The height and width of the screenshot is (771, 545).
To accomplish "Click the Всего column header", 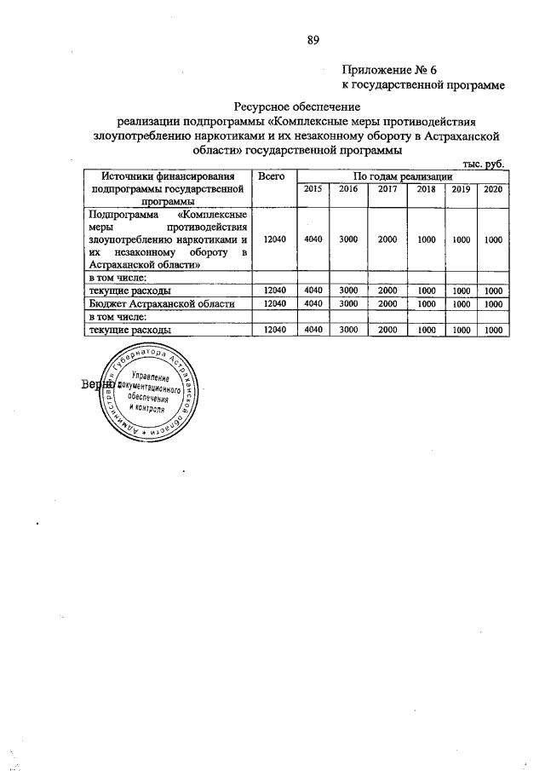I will (x=271, y=175).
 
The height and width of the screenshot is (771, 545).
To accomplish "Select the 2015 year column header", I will (x=313, y=189).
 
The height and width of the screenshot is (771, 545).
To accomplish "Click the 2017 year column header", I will (x=387, y=189).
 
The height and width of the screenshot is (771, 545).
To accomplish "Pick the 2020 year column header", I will (x=493, y=189).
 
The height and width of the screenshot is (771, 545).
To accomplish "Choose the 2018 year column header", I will (x=427, y=189).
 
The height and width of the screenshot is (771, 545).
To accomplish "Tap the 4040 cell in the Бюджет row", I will (x=313, y=303).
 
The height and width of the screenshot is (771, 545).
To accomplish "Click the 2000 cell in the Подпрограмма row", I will (x=387, y=240).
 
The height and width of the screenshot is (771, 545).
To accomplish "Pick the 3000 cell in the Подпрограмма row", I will (x=348, y=240).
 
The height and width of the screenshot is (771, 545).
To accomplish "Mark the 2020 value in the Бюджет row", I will (x=493, y=303).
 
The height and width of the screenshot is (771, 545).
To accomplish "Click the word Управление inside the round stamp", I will (x=151, y=377).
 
